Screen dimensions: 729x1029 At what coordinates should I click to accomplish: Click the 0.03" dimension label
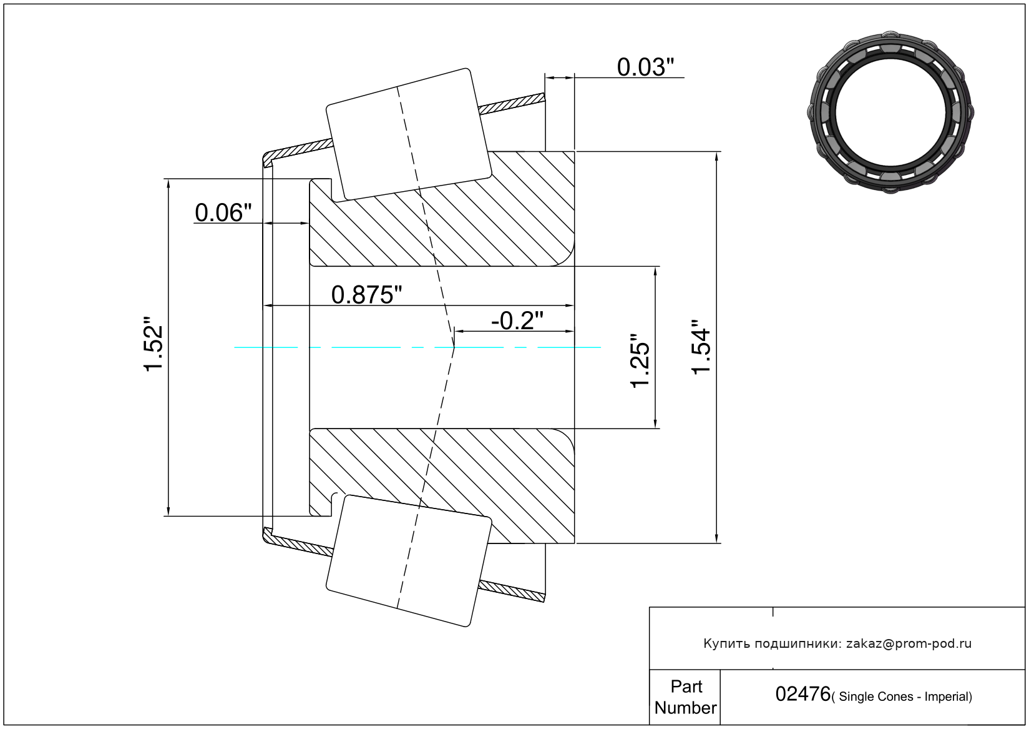pyautogui.click(x=645, y=67)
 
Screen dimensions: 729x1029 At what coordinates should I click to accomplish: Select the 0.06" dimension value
pyautogui.click(x=223, y=213)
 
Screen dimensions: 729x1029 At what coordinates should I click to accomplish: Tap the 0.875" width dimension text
pyautogui.click(x=366, y=295)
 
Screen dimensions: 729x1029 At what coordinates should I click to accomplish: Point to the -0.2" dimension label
pyautogui.click(x=517, y=320)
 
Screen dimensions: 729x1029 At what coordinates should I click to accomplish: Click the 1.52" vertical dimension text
pyautogui.click(x=154, y=347)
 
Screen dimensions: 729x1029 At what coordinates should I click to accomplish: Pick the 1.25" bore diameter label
pyautogui.click(x=640, y=360)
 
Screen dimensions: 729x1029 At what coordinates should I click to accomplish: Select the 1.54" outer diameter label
pyautogui.click(x=701, y=347)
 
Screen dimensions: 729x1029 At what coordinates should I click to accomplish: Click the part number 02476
pyautogui.click(x=802, y=694)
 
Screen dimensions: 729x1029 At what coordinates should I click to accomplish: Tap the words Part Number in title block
pyautogui.click(x=685, y=697)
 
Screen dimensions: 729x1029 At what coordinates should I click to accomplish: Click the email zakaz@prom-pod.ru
pyautogui.click(x=909, y=643)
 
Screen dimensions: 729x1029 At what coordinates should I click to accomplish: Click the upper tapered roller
pyautogui.click(x=409, y=134)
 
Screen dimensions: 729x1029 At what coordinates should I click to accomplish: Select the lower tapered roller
pyautogui.click(x=409, y=560)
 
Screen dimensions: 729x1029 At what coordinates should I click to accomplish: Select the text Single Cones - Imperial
pyautogui.click(x=905, y=697)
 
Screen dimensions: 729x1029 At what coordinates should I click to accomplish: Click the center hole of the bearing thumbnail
pyautogui.click(x=890, y=111)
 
